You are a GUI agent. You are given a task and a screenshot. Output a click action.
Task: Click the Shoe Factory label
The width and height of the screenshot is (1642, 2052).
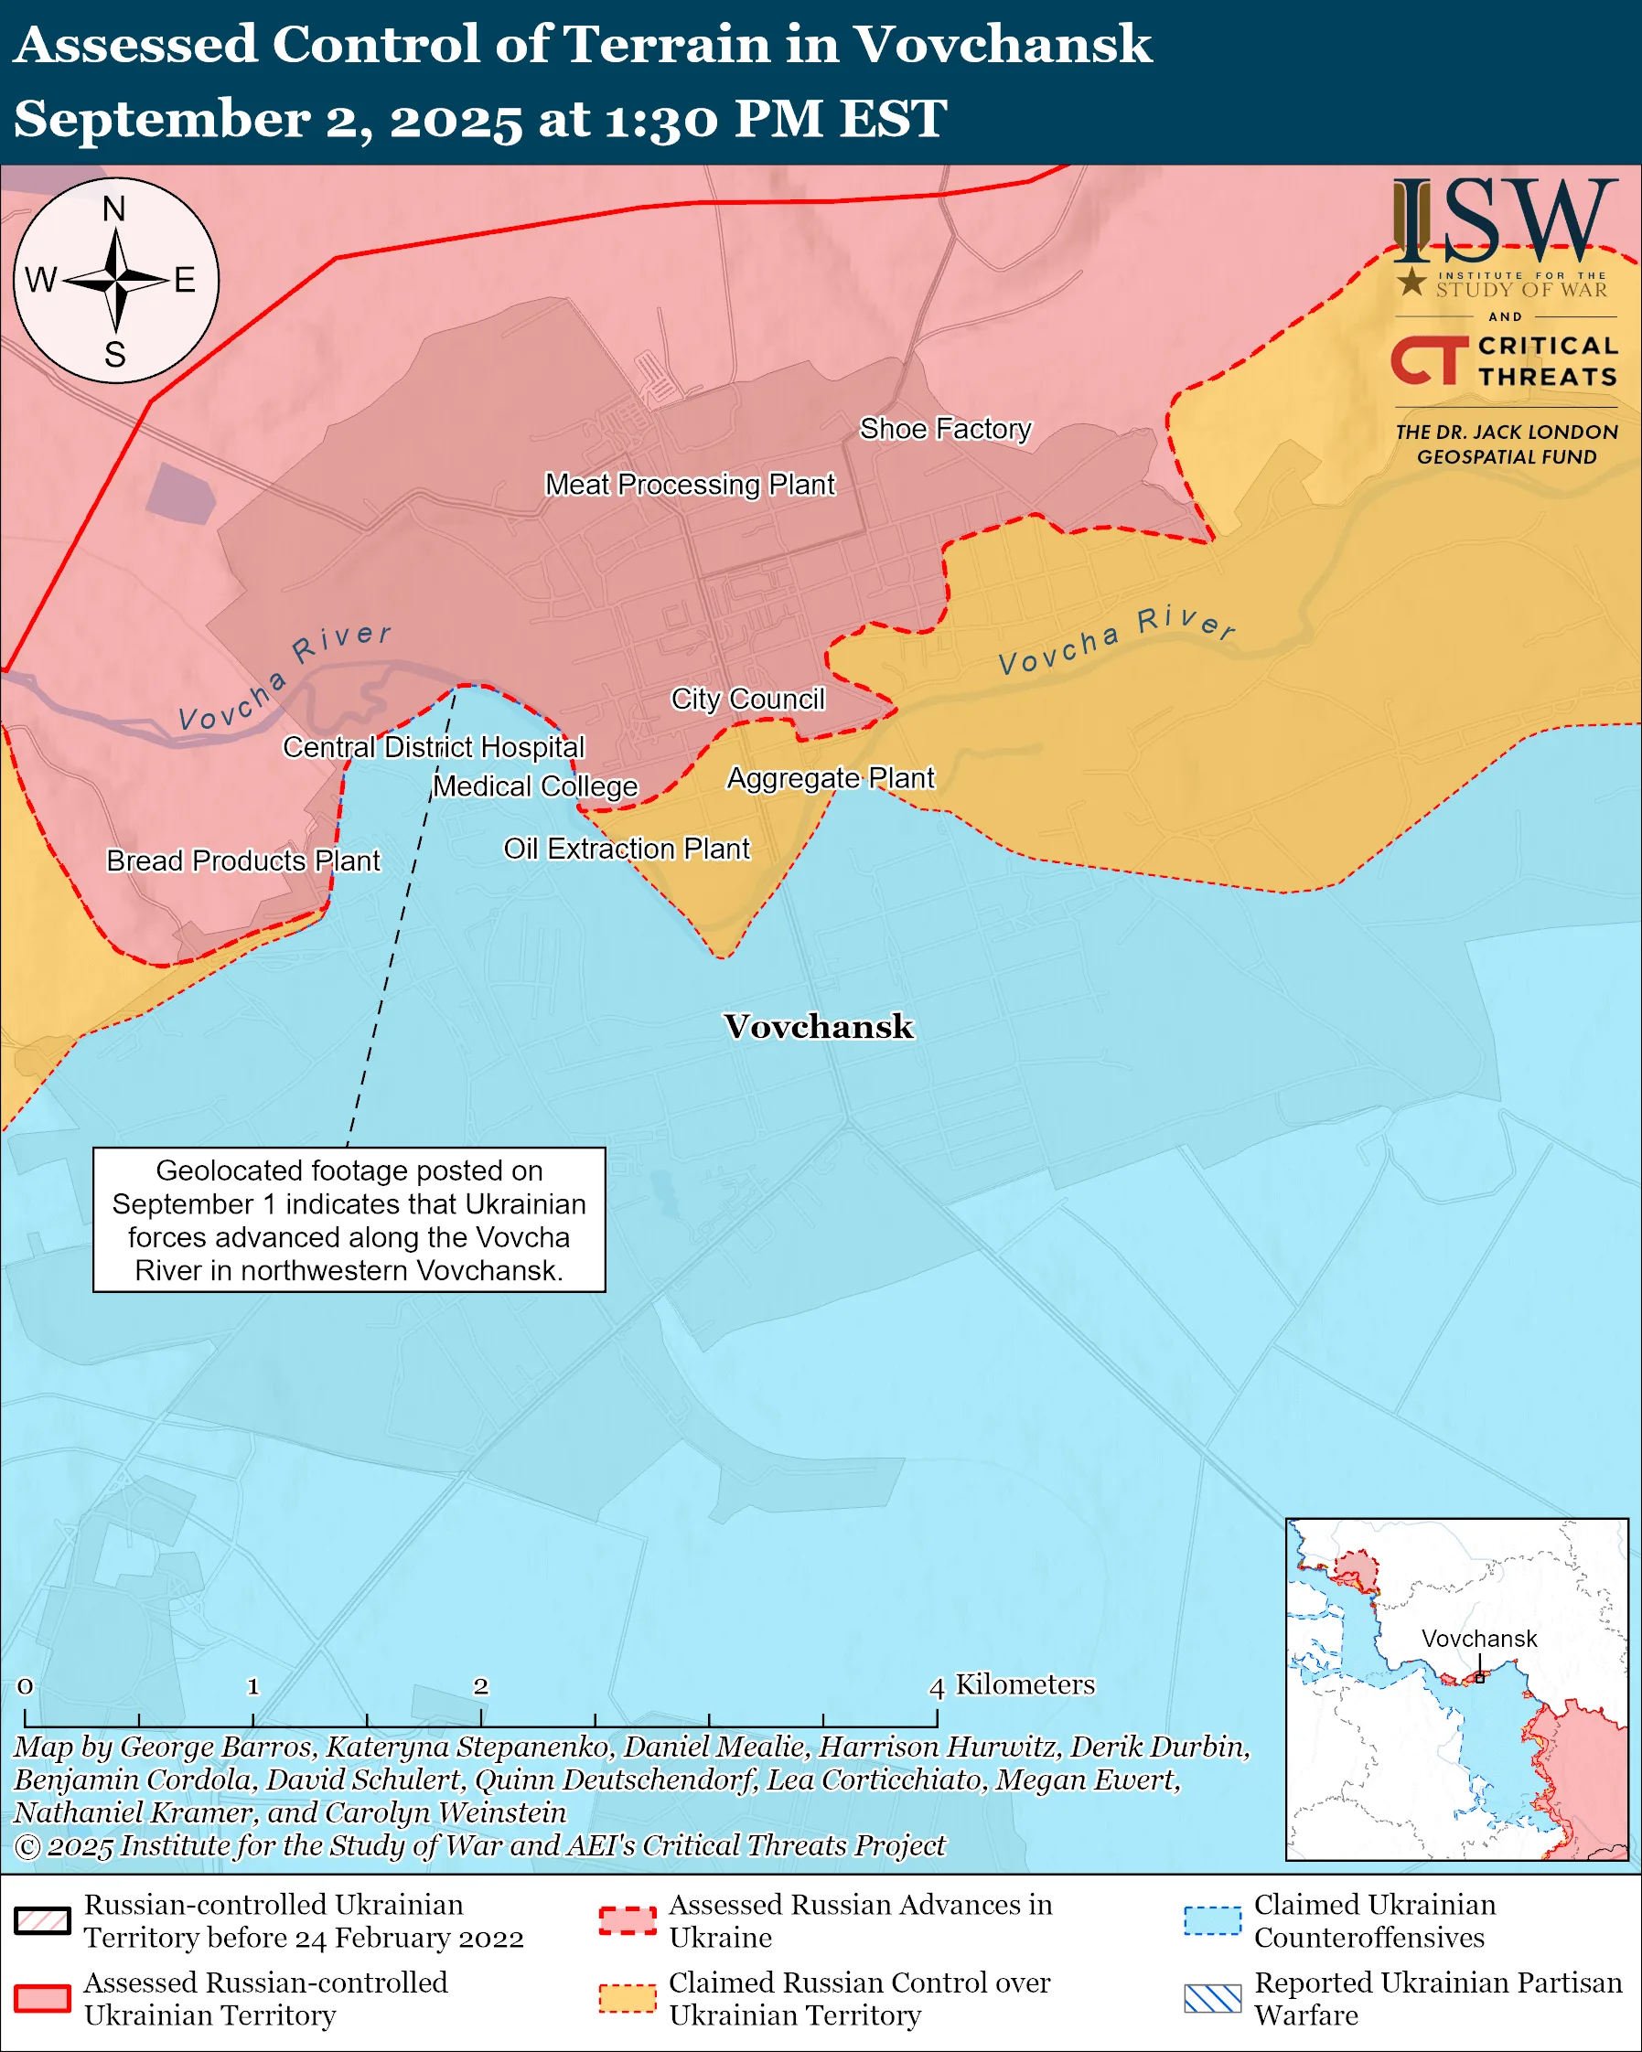click(945, 429)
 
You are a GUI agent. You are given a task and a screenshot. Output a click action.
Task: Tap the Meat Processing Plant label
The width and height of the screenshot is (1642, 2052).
click(689, 485)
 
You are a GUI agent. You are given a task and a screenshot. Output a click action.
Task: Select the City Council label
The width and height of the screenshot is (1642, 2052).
click(747, 699)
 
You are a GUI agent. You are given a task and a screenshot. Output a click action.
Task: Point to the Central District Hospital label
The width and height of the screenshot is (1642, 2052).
click(433, 747)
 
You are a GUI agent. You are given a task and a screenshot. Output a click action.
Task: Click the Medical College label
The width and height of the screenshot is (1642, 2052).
click(535, 786)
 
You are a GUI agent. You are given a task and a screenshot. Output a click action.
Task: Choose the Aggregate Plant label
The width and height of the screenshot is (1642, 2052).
click(830, 777)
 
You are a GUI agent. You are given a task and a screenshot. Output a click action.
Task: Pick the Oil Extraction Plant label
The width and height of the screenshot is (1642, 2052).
click(627, 848)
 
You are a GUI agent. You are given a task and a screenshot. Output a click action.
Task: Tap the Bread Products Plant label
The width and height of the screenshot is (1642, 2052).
click(242, 860)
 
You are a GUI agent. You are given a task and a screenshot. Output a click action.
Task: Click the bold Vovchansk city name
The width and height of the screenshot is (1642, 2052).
click(819, 1026)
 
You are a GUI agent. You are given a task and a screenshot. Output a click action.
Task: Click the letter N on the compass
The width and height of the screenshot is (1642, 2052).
click(114, 209)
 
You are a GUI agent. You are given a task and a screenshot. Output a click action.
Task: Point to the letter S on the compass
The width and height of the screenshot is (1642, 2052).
click(115, 354)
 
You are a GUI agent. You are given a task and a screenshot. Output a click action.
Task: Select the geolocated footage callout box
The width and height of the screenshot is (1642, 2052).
click(349, 1219)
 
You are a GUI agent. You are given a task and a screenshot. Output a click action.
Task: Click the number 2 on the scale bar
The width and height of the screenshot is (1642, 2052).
click(480, 1686)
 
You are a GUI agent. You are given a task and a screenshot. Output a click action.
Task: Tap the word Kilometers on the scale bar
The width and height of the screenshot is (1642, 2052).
click(1025, 1684)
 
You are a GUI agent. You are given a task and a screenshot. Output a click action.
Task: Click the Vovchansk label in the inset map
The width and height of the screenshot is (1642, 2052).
click(1478, 1639)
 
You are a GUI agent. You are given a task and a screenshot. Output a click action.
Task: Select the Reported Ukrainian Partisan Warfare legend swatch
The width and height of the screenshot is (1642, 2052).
click(1212, 1999)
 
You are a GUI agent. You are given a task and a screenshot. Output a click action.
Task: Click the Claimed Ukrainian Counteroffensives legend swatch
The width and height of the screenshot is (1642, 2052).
click(1212, 1920)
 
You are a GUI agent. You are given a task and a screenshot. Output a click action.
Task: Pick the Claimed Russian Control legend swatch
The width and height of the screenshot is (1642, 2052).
click(628, 1999)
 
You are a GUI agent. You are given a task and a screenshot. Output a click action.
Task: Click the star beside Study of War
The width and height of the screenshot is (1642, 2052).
click(1411, 281)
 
